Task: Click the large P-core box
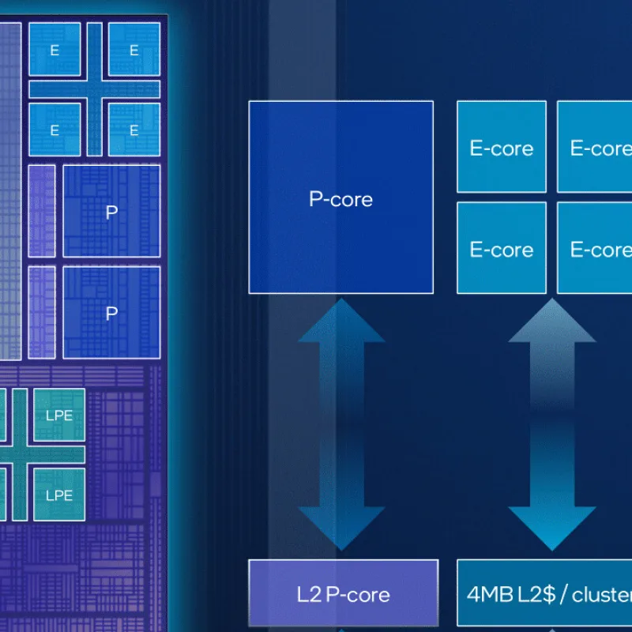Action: [x=341, y=197]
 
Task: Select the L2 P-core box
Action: [x=344, y=592]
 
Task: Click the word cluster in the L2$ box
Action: [x=602, y=595]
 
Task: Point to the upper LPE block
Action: [x=59, y=415]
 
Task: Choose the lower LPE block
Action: [x=59, y=495]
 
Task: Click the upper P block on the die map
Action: [x=111, y=211]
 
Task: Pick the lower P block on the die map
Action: [x=111, y=312]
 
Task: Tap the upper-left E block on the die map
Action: [x=55, y=49]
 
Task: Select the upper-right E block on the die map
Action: [x=134, y=49]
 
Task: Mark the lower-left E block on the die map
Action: [x=55, y=130]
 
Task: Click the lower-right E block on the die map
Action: [x=134, y=130]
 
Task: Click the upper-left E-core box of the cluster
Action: [x=502, y=147]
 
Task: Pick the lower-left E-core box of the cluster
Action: [x=502, y=248]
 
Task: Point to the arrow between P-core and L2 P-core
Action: [x=341, y=424]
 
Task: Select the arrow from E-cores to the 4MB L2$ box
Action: [x=552, y=424]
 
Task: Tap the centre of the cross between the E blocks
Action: [x=94, y=89]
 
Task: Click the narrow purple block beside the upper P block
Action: [x=42, y=211]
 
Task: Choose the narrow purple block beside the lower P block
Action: [x=42, y=312]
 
